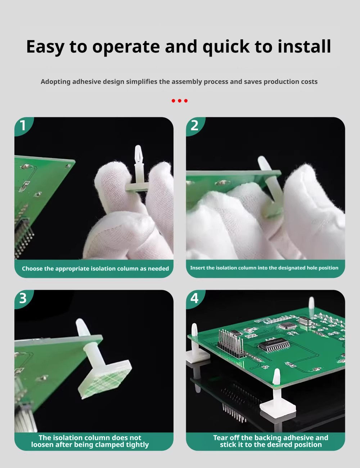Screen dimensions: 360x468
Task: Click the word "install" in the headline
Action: pos(304,46)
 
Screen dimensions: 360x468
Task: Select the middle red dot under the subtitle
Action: pos(180,100)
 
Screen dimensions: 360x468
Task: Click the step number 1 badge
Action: pos(23,126)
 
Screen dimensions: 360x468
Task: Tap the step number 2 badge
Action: pos(194,126)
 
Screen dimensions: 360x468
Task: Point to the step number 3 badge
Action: pos(23,298)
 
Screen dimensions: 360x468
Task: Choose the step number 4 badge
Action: pos(194,298)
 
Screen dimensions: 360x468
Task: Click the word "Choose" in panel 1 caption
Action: pos(32,269)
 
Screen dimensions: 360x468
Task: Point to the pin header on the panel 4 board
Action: pos(231,343)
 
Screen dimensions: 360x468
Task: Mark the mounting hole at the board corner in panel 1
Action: pos(68,166)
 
